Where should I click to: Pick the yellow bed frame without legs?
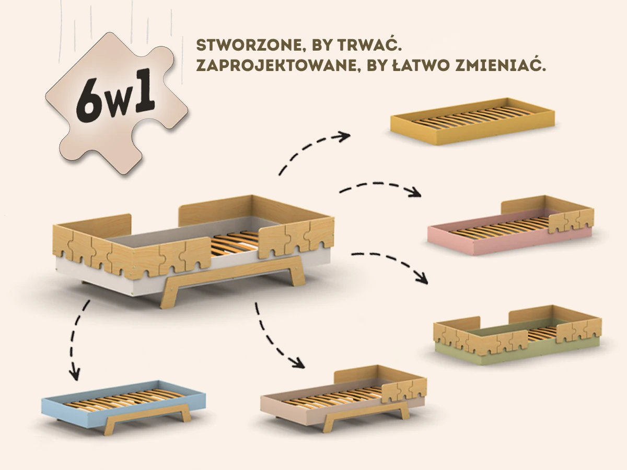(473, 120)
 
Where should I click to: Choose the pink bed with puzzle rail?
(511, 227)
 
